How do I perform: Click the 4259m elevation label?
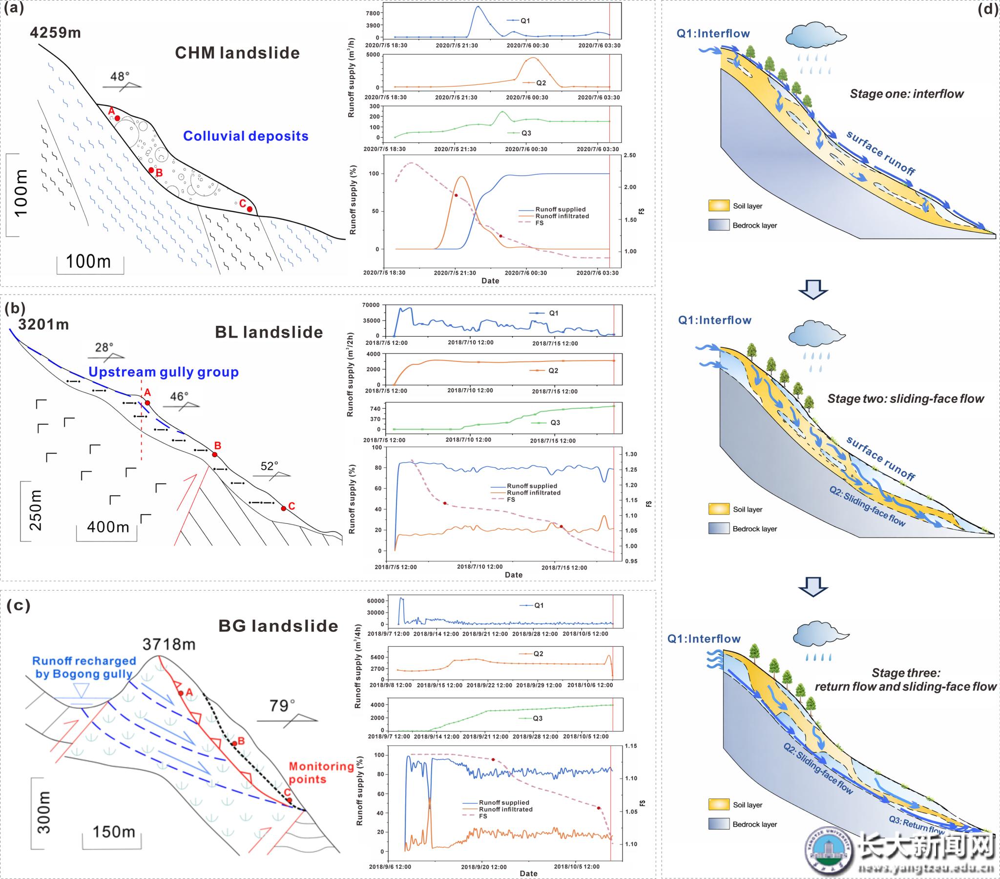pyautogui.click(x=55, y=33)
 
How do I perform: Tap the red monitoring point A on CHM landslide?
pyautogui.click(x=117, y=118)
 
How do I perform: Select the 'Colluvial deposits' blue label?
pyautogui.click(x=246, y=136)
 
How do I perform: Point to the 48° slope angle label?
pyautogui.click(x=120, y=76)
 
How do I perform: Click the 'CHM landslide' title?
pyautogui.click(x=237, y=53)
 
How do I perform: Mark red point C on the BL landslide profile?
pyautogui.click(x=283, y=508)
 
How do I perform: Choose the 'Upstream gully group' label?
pyautogui.click(x=164, y=372)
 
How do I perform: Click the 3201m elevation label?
pyautogui.click(x=43, y=324)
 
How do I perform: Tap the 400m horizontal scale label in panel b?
pyautogui.click(x=108, y=527)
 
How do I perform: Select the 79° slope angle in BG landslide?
pyautogui.click(x=282, y=706)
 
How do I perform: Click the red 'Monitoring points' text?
pyautogui.click(x=321, y=773)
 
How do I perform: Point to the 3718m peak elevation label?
pyautogui.click(x=169, y=644)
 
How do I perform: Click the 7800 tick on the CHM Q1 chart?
pyautogui.click(x=373, y=13)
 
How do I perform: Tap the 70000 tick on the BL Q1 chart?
pyautogui.click(x=370, y=305)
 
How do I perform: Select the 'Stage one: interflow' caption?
pyautogui.click(x=907, y=94)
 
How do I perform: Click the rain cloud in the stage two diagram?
pyautogui.click(x=816, y=335)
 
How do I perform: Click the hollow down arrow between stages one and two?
pyautogui.click(x=812, y=289)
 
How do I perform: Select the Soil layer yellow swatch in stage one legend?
pyautogui.click(x=719, y=206)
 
